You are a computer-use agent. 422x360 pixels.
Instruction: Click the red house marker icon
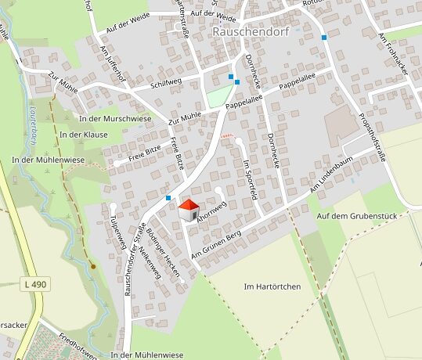pos(189,210)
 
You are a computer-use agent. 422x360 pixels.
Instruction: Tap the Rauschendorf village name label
pos(247,32)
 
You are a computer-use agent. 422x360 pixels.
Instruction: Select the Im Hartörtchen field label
pos(272,287)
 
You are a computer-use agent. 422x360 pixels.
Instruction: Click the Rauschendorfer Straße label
pos(135,259)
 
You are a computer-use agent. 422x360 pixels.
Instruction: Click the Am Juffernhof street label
pos(114,62)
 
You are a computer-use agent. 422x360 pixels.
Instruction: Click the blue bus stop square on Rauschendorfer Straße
pos(168,198)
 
